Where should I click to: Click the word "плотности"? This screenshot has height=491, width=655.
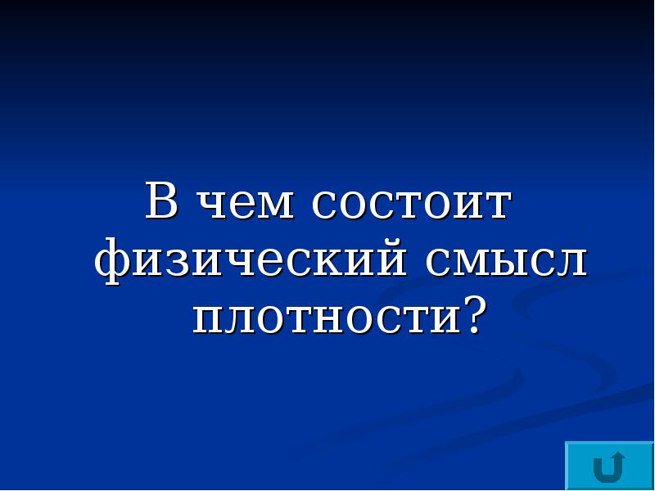pos(324,318)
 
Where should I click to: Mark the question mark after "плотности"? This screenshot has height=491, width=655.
pos(471,314)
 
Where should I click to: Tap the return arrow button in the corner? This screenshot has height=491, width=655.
pos(608,467)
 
